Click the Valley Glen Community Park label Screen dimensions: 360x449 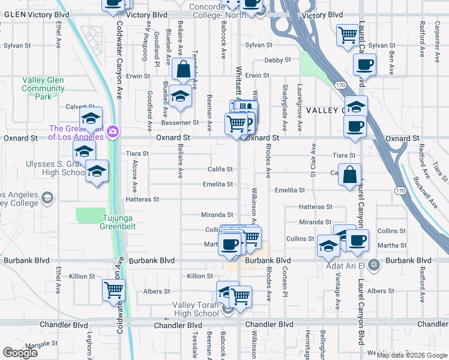[x=43, y=88]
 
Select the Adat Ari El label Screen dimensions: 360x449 [x=342, y=265]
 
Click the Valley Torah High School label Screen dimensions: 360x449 [x=196, y=309]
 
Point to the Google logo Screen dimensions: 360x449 [x=20, y=353]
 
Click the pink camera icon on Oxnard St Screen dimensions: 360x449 [x=112, y=131]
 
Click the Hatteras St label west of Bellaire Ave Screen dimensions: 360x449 [x=142, y=199]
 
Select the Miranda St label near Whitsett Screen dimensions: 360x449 [x=217, y=214]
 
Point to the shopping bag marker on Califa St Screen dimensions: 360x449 [x=349, y=175]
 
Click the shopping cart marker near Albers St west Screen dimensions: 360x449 [x=113, y=290]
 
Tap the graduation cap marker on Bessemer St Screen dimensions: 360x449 [x=179, y=97]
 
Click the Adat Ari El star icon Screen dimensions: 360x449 [x=374, y=265]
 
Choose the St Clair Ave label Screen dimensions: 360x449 [x=313, y=160]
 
